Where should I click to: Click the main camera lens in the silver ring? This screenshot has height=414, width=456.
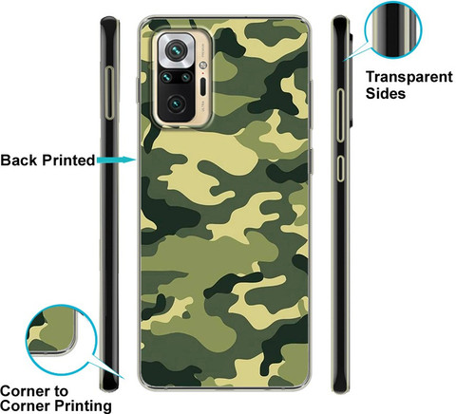(176, 50)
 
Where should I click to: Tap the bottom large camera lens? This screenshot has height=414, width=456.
(176, 104)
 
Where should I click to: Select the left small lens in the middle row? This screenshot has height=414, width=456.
(166, 77)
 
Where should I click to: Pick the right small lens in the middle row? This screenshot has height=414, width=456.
(186, 77)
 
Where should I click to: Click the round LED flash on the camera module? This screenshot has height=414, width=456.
(202, 66)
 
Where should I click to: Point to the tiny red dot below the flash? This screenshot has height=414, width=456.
(202, 73)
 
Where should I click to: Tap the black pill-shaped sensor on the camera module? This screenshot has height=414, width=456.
(203, 86)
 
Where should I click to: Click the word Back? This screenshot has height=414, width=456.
(19, 160)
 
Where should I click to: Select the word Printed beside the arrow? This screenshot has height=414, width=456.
(68, 160)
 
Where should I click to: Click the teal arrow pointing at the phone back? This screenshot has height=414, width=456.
(116, 160)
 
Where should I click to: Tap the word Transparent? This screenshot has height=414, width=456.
(409, 77)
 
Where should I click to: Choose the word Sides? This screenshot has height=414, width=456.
(386, 93)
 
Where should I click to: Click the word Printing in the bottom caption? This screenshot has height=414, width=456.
(84, 405)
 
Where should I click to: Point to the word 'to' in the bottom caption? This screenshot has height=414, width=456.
(61, 391)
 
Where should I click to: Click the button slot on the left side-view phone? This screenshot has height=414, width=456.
(110, 93)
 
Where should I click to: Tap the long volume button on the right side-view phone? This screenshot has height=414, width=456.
(340, 115)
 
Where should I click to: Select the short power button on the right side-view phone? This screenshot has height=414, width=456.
(340, 168)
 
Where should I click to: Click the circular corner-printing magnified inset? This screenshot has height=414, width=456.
(61, 340)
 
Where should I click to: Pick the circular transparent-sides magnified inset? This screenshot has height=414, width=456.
(392, 29)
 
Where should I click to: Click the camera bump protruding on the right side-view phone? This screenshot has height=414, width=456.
(351, 79)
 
